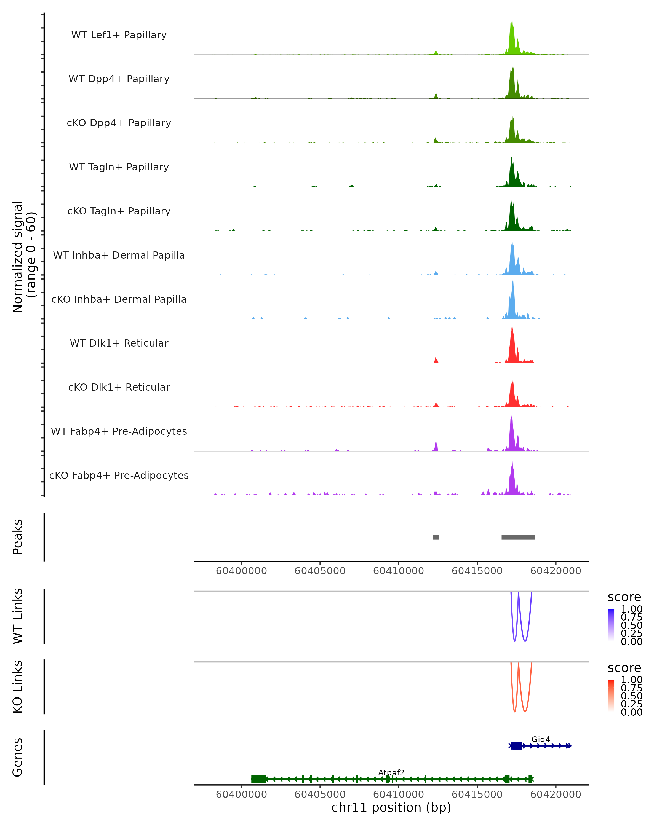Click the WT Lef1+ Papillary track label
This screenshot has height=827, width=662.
coord(119,35)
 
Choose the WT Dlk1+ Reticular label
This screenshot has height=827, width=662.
coord(119,343)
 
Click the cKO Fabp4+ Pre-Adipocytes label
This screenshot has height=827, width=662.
coord(119,475)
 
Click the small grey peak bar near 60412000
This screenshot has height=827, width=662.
coord(436,537)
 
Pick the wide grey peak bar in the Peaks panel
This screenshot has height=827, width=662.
coord(518,537)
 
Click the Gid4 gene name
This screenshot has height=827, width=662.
coord(540,739)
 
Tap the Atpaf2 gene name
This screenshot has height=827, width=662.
coord(391,772)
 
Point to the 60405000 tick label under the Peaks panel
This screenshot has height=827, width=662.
coord(320,571)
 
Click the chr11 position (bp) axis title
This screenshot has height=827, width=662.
coord(391,807)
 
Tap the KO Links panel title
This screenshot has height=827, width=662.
coord(18,687)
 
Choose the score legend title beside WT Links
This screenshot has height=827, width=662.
coord(624,597)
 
